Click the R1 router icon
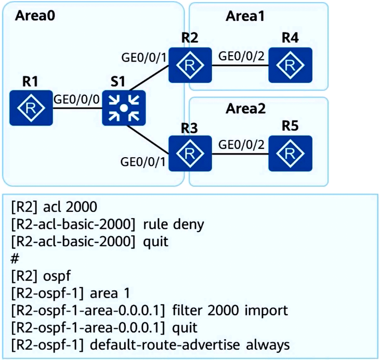(x=31, y=108)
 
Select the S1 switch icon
(x=124, y=108)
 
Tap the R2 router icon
(x=190, y=65)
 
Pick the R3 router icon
(x=190, y=153)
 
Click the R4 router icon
(x=291, y=65)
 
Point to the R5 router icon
(x=291, y=153)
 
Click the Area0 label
(x=35, y=16)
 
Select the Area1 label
(x=245, y=17)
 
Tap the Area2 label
(x=245, y=109)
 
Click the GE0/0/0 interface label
(x=76, y=99)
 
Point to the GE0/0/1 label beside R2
(x=144, y=58)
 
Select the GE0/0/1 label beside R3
(x=143, y=162)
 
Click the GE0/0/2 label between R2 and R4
(x=241, y=56)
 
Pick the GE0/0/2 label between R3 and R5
(x=241, y=145)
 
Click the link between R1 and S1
(x=77, y=108)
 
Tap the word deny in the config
(x=189, y=225)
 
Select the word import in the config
(x=266, y=311)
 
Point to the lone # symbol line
(x=15, y=259)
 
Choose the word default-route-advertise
(x=165, y=345)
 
